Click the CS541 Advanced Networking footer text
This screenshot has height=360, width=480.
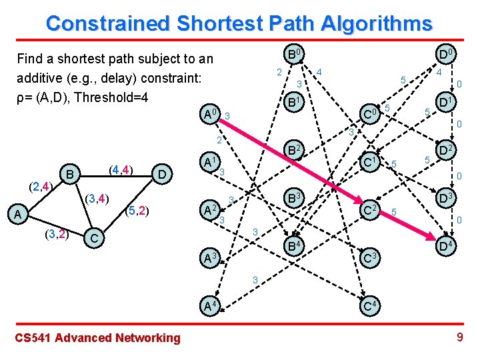pos(97,337)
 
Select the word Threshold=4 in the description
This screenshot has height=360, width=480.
pos(111,97)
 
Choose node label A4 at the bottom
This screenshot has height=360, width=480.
pos(212,307)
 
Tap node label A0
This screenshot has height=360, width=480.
pos(211,115)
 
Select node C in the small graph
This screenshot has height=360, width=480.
pos(95,238)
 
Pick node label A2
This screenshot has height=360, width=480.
pos(211,210)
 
